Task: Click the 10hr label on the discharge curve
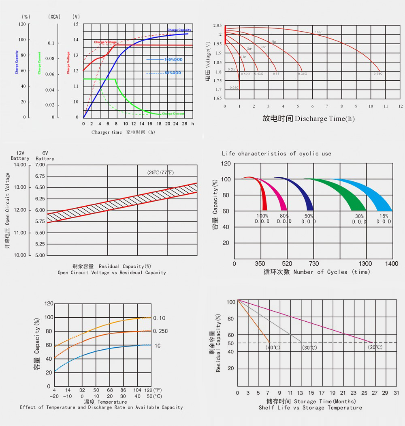click(x=318, y=32)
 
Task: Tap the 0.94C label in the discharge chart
click(x=378, y=74)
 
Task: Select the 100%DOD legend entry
click(x=173, y=60)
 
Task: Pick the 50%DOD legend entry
click(x=173, y=73)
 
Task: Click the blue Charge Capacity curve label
click(x=179, y=30)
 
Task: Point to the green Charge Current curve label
click(x=173, y=114)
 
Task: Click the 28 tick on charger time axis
click(x=184, y=123)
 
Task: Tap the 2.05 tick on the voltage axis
click(x=218, y=26)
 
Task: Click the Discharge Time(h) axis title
click(x=309, y=118)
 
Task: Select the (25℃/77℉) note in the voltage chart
click(x=160, y=172)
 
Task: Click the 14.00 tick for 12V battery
click(x=20, y=165)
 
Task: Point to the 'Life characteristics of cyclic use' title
click(x=277, y=154)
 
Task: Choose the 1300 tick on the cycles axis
click(x=365, y=264)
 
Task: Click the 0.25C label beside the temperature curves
click(x=160, y=331)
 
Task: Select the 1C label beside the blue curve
click(x=157, y=346)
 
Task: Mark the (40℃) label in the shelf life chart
click(x=273, y=348)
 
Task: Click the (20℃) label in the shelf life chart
click(x=375, y=348)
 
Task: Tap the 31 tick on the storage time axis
click(x=396, y=393)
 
